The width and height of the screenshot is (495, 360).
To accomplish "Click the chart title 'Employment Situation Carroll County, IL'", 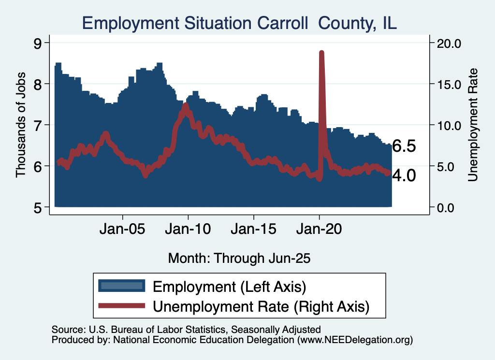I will click(239, 23).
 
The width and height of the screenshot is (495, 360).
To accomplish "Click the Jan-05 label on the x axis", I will click(123, 229).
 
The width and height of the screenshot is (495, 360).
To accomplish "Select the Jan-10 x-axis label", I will click(189, 229).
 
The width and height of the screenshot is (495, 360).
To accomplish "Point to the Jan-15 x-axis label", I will click(254, 229).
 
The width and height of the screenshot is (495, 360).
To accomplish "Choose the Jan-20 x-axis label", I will click(319, 229).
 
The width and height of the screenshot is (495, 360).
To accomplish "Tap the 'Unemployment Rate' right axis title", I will click(473, 125).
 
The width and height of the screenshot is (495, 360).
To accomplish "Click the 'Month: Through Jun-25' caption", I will click(239, 258).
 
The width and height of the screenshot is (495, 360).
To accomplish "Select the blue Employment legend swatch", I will click(121, 286).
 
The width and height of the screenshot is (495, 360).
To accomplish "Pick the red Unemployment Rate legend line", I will click(121, 305).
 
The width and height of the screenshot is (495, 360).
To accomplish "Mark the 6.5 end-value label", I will click(404, 146).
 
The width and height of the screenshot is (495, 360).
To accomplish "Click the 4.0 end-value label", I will click(404, 175).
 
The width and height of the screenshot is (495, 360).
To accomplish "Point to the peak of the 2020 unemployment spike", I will click(321, 52).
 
